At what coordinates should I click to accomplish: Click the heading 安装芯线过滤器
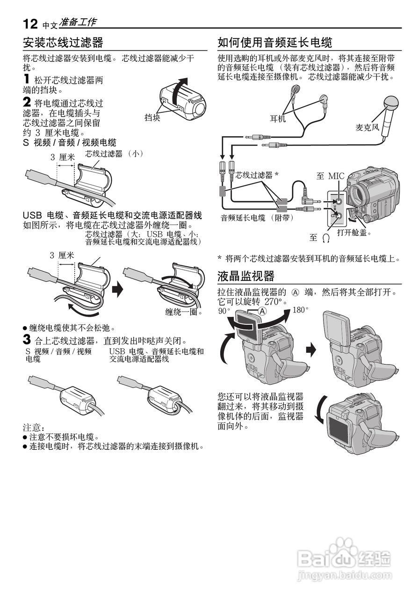63,43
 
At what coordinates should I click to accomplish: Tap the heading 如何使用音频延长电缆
274,43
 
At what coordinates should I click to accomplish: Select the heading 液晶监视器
246,276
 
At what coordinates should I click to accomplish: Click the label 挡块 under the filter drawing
152,118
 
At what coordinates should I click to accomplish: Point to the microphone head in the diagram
389,102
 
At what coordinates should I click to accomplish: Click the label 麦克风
367,127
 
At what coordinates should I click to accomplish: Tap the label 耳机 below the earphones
278,119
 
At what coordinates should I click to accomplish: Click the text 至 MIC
330,176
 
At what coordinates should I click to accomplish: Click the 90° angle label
224,311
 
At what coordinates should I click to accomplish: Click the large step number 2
27,102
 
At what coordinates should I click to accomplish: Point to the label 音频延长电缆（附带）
255,218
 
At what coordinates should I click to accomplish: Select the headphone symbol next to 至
326,238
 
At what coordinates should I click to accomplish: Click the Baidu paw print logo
343,549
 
